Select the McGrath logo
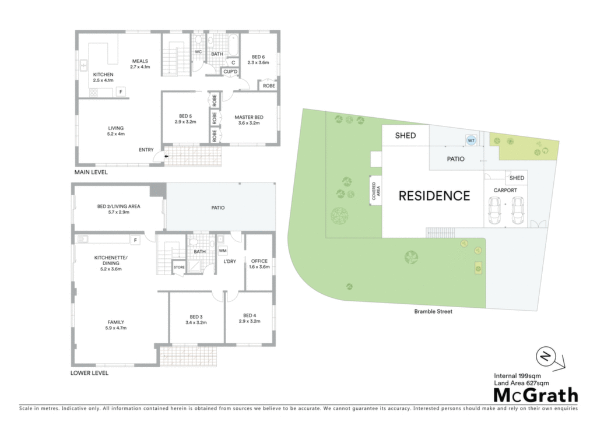tap(536, 396)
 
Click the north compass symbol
tap(546, 357)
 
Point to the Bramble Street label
tap(433, 311)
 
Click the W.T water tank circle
tap(471, 140)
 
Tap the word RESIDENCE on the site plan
tap(434, 196)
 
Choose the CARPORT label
tap(505, 190)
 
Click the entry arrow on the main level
tap(166, 156)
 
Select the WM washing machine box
tap(223, 251)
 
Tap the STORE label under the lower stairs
tap(179, 267)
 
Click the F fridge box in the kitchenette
tap(135, 240)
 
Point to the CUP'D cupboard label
tap(230, 72)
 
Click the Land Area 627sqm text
tap(522, 383)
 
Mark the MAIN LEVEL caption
tap(91, 172)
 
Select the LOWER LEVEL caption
tap(89, 373)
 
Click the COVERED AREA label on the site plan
tap(376, 191)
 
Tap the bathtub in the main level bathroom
tap(233, 45)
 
